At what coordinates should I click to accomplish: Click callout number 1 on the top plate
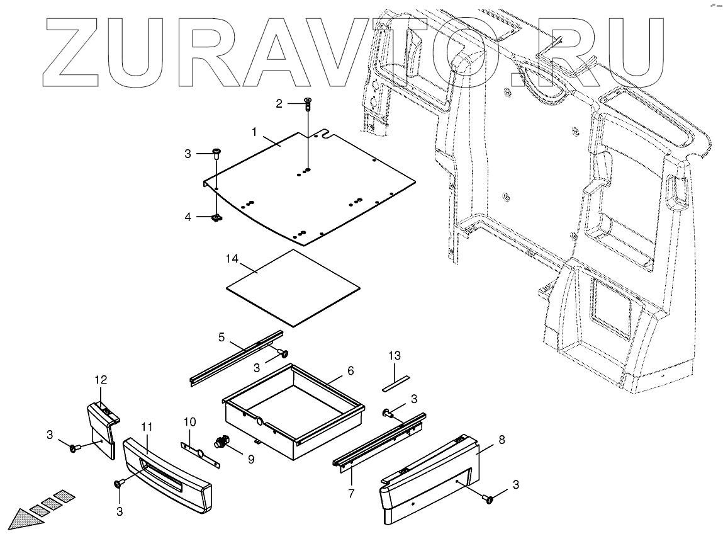coord(254,132)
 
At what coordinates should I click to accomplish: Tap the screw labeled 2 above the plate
coord(308,104)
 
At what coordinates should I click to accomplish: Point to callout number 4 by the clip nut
coord(188,217)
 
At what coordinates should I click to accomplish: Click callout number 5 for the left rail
coord(221,337)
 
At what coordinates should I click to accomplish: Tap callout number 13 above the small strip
coord(394,356)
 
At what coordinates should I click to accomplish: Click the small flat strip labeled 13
coord(395,382)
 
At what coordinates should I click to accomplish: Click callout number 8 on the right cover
coord(502,441)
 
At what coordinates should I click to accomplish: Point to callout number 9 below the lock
coord(250,460)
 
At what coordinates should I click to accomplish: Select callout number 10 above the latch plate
coord(190,421)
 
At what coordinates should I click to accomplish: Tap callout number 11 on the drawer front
coord(147,427)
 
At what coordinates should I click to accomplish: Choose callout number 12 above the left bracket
coord(101,380)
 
